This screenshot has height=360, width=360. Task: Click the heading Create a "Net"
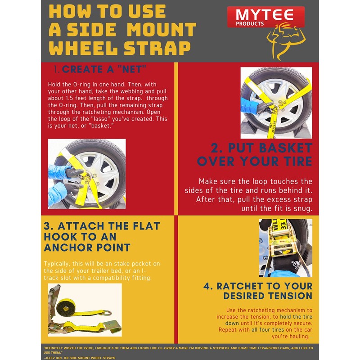point(104,69)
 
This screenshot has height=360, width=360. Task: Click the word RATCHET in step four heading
point(246,286)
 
